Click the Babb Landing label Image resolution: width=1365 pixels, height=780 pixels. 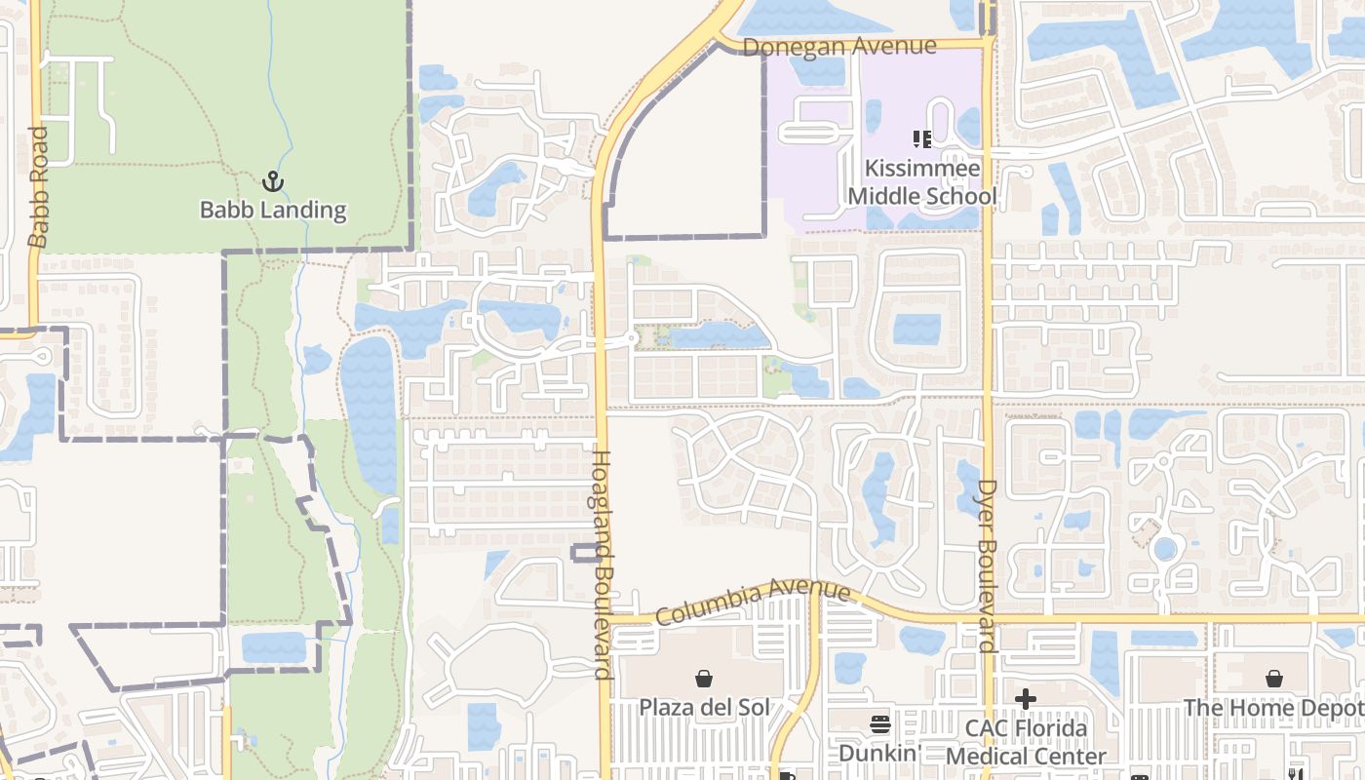[x=273, y=210]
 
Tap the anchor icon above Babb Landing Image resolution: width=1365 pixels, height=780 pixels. [x=273, y=180]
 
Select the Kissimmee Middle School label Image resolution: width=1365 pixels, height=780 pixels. [x=921, y=182]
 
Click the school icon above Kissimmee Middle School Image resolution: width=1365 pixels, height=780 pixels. [x=921, y=139]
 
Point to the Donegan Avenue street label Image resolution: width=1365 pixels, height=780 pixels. [x=839, y=46]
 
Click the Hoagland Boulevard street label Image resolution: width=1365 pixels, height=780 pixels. [x=602, y=564]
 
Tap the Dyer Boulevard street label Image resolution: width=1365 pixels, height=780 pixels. [x=987, y=565]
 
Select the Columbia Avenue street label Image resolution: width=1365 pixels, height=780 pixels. [x=752, y=603]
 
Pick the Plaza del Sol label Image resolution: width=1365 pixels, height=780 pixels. [x=704, y=707]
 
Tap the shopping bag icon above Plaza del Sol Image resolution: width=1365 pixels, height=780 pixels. [x=704, y=678]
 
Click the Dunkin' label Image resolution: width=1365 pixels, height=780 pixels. [x=880, y=753]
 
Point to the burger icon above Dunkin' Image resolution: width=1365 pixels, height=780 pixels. [x=880, y=724]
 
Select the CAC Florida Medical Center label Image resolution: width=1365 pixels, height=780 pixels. [x=1026, y=742]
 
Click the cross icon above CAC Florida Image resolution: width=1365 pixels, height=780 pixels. [x=1026, y=699]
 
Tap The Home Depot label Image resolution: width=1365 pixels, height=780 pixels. [x=1273, y=707]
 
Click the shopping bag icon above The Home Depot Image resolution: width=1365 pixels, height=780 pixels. [x=1273, y=678]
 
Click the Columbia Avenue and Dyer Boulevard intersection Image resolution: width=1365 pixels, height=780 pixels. [x=987, y=618]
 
